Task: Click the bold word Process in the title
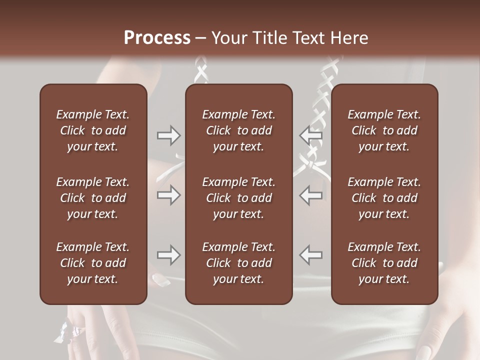(157, 38)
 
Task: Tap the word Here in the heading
(349, 38)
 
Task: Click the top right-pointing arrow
(168, 135)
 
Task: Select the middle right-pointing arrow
(168, 195)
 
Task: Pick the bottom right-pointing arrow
(168, 255)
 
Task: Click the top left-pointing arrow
(311, 135)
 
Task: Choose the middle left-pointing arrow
(311, 195)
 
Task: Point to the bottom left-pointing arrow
(311, 255)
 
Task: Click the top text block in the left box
(93, 130)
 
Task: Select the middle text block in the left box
(93, 198)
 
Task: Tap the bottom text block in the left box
(93, 263)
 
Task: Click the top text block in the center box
(238, 130)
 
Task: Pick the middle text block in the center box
(238, 198)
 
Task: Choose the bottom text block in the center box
(238, 263)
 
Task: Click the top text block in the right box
(384, 130)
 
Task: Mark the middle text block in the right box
(384, 198)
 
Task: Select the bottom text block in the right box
(384, 263)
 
